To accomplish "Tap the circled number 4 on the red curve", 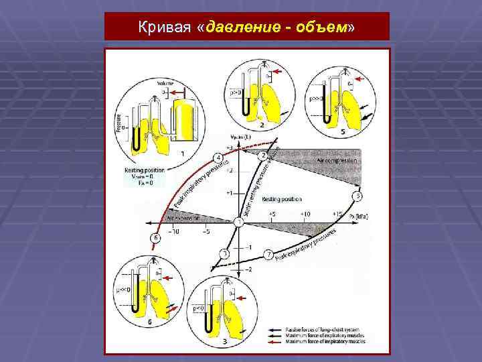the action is pyautogui.click(x=218, y=158).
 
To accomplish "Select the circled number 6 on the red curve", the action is pyautogui.click(x=156, y=238).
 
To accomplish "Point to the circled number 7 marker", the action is pyautogui.click(x=268, y=255).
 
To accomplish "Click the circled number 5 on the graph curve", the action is pyautogui.click(x=357, y=196).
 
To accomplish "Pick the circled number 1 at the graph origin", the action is pyautogui.click(x=238, y=221).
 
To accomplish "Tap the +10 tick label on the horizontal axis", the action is pyautogui.click(x=305, y=214).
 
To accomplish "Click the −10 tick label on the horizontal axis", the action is pyautogui.click(x=173, y=232).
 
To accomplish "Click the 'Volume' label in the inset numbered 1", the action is pyautogui.click(x=165, y=83).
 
